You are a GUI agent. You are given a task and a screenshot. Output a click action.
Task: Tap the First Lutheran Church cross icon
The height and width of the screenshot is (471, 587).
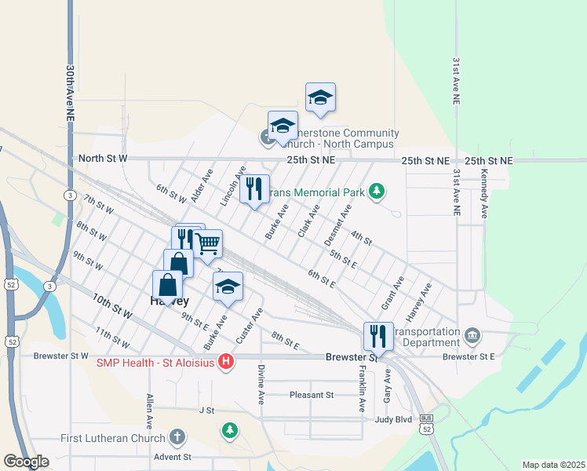coord(177,437)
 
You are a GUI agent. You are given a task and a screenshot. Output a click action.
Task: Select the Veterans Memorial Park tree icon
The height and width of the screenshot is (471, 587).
coord(377,192)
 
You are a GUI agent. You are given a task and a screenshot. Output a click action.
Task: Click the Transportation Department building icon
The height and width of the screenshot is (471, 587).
coord(472,336)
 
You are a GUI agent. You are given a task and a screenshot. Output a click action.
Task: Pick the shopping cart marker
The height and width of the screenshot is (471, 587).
coord(207,243)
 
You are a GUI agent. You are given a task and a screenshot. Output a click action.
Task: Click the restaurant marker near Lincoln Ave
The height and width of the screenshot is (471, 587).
coord(254,188)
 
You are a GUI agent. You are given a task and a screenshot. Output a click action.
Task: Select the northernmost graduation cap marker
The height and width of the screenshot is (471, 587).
coord(320,97)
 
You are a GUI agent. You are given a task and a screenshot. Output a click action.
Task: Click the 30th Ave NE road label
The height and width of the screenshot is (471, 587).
coord(71,93)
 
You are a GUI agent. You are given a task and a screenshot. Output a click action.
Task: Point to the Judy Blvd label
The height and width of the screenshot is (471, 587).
coord(393,419)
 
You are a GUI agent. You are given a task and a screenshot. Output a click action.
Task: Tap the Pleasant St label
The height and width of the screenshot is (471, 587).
coord(312,395)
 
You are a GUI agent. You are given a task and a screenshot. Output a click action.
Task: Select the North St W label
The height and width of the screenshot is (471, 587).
coord(102,159)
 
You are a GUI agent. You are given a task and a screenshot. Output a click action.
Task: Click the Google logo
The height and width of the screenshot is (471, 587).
coord(26,461)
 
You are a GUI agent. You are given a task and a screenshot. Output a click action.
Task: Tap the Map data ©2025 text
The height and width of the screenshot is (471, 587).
coord(553,465)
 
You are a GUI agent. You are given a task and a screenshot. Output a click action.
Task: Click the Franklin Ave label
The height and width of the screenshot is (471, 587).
coord(362,390)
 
